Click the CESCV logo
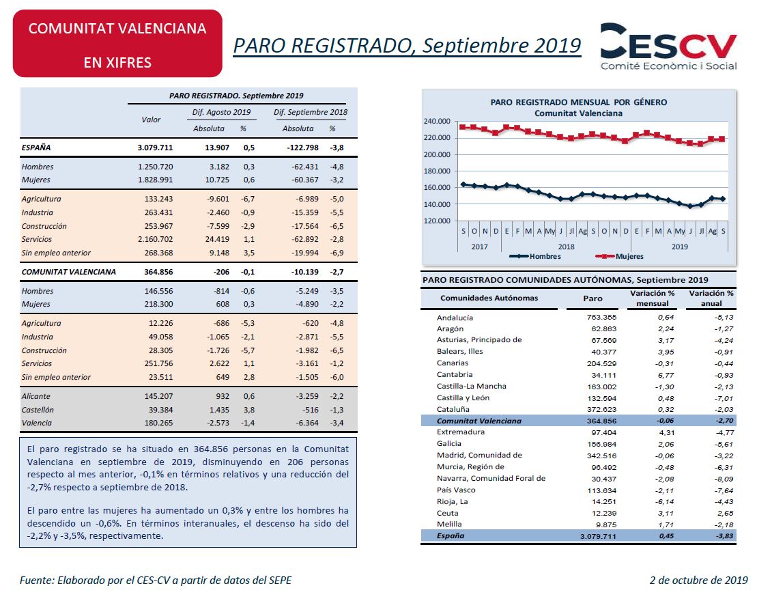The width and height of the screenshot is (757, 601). (668, 46)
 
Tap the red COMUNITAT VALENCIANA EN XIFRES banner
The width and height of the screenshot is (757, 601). (117, 44)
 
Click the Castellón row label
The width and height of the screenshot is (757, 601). (38, 410)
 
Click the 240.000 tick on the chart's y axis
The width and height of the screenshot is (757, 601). (438, 121)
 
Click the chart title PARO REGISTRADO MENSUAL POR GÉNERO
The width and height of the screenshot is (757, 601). (578, 102)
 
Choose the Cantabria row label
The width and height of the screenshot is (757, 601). (455, 374)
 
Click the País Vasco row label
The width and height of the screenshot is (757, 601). (457, 490)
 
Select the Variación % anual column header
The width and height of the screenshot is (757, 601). (711, 298)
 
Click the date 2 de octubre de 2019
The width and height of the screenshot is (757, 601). (698, 581)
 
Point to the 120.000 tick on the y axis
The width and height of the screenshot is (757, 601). (438, 221)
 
